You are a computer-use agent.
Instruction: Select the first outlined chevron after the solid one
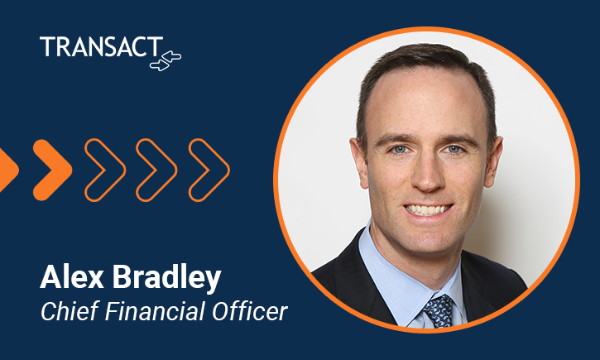[104, 170]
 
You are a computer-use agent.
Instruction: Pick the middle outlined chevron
[156, 170]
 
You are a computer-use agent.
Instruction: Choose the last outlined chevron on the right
[209, 170]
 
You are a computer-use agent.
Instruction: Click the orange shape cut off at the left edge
[7, 169]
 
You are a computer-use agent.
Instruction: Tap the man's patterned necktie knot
[438, 307]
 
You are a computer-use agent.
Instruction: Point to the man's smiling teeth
[427, 210]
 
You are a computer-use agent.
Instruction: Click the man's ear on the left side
[358, 166]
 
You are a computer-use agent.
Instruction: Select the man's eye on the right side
[455, 151]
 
